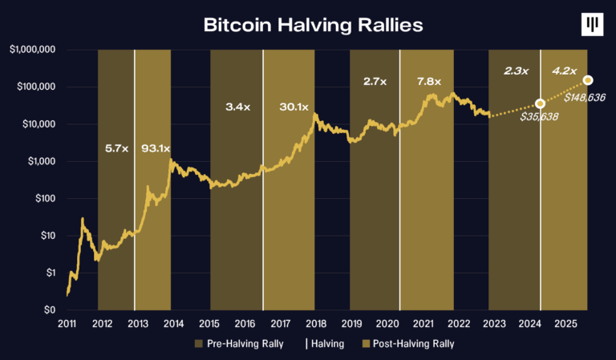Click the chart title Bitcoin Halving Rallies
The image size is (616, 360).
(x=313, y=24)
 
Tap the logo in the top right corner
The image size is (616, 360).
(x=592, y=26)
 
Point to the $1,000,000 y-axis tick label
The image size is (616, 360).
(x=32, y=50)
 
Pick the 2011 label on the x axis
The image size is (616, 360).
(x=67, y=324)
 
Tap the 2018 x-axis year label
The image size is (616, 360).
(x=315, y=324)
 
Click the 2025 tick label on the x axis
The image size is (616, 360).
(x=565, y=324)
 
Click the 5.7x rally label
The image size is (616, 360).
(x=117, y=148)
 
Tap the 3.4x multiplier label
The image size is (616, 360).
(x=235, y=106)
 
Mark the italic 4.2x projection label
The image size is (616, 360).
(x=565, y=71)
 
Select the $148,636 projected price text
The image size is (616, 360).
(x=585, y=97)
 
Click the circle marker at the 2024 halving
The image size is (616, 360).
(x=540, y=104)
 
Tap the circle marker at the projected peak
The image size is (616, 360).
(x=588, y=80)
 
